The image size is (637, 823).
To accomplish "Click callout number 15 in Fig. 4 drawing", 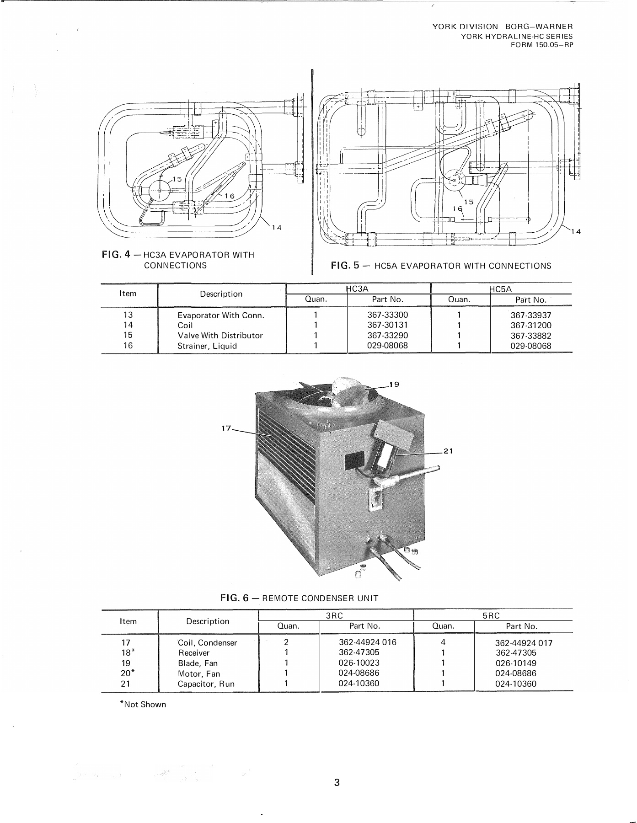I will tap(177, 179).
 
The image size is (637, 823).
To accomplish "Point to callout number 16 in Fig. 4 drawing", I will tap(229, 196).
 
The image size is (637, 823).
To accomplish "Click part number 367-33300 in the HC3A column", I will tap(387, 315).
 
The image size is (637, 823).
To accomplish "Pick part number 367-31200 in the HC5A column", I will tap(530, 326).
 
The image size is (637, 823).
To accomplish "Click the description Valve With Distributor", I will tap(220, 336).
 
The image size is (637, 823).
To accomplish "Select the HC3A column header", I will tap(357, 289).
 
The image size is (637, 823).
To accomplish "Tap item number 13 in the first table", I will tap(128, 315).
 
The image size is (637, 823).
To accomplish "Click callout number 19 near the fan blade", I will tap(394, 384).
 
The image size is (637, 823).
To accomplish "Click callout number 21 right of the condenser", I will tap(448, 451).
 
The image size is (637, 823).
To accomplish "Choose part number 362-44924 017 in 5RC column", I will tap(524, 643).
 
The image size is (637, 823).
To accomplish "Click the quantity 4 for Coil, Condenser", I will tap(443, 642).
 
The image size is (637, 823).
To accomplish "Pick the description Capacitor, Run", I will tap(206, 684).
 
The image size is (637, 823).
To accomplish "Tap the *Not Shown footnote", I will tap(143, 705).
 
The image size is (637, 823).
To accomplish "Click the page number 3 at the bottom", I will tap(337, 782).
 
